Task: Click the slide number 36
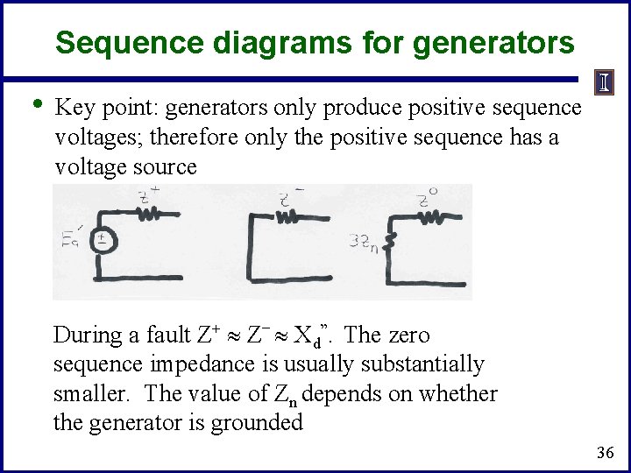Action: pos(604,453)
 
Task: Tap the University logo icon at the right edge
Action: pos(605,83)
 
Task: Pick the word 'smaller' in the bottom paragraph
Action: pos(90,394)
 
